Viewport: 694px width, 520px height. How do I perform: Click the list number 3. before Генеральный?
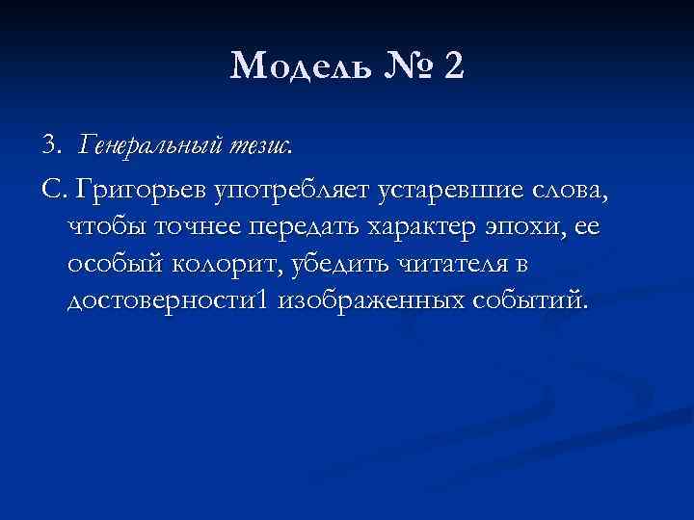[51, 145]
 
